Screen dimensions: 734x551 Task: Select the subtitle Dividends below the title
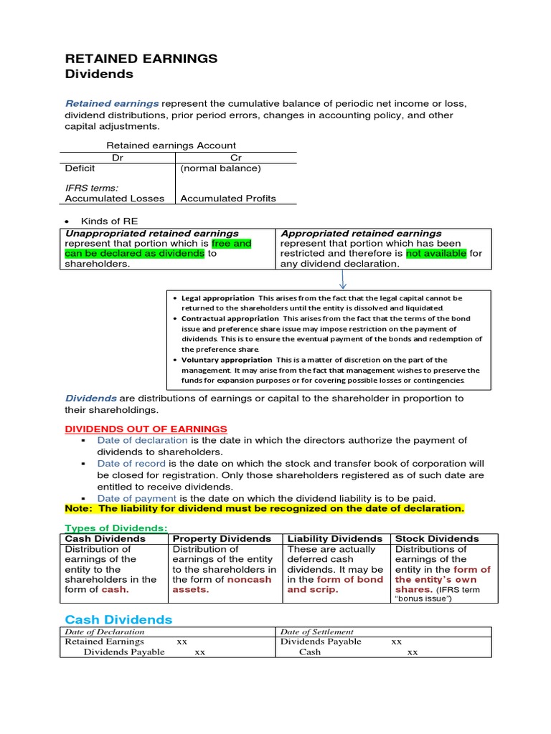coord(99,74)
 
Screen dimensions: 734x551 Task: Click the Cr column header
coord(236,157)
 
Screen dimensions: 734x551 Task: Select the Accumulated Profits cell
coord(228,199)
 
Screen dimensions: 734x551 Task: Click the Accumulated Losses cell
coord(114,199)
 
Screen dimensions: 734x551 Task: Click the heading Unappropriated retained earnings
coord(152,233)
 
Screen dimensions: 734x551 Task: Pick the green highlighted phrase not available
coord(436,253)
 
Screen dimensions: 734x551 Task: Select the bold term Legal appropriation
coord(217,297)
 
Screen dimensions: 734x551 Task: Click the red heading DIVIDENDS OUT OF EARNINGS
coord(146,429)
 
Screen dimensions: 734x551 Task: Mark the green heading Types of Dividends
coord(116,528)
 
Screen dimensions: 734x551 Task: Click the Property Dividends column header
coord(222,538)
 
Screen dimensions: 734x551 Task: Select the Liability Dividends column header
coord(334,538)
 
